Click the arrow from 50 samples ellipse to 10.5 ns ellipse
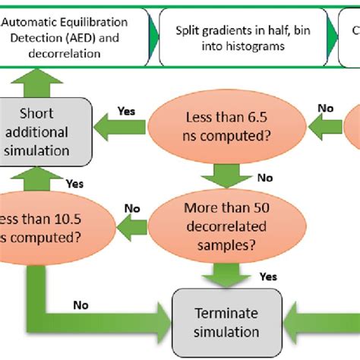tap(132, 223)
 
